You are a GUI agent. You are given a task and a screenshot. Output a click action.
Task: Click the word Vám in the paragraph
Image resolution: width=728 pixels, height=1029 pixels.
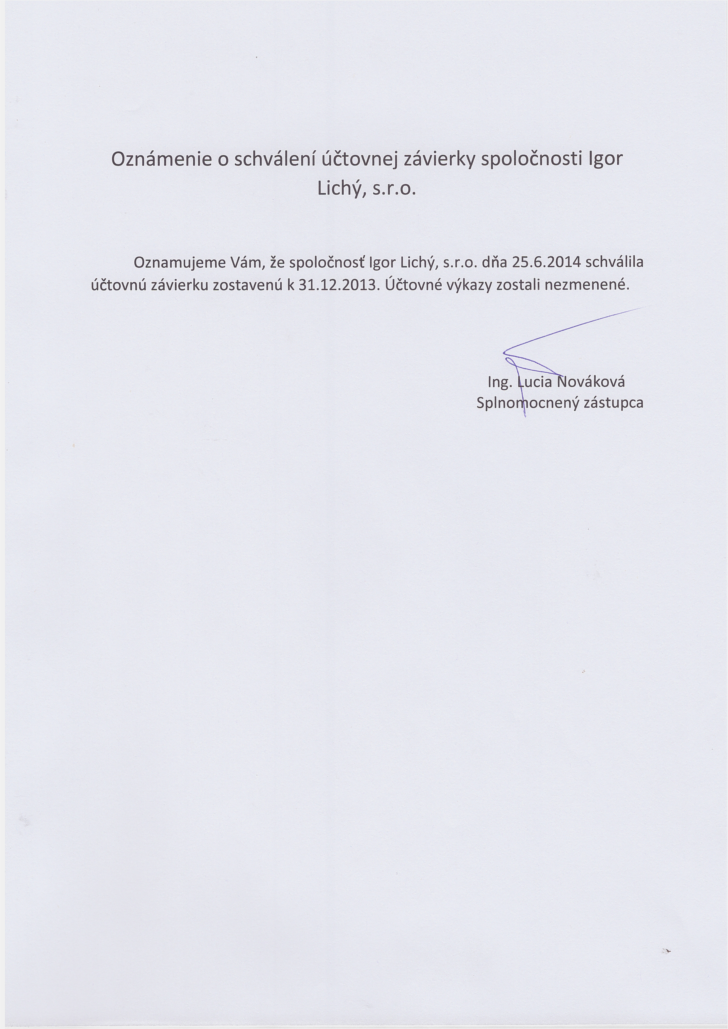pyautogui.click(x=245, y=262)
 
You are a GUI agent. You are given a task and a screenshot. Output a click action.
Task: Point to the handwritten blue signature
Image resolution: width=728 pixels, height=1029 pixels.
pyautogui.click(x=538, y=354)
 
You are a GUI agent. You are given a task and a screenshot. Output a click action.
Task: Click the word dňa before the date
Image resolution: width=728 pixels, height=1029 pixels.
pyautogui.click(x=494, y=262)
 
